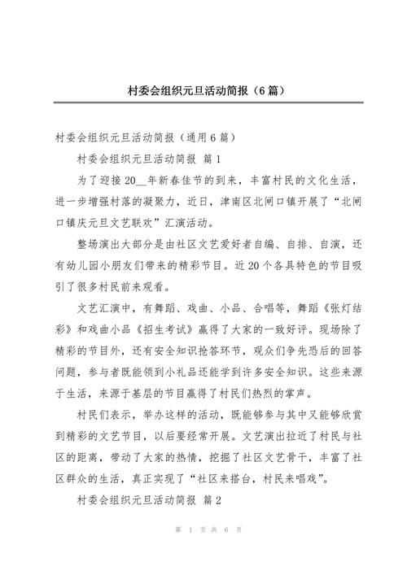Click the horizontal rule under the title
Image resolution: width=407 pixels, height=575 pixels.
coord(204,105)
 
